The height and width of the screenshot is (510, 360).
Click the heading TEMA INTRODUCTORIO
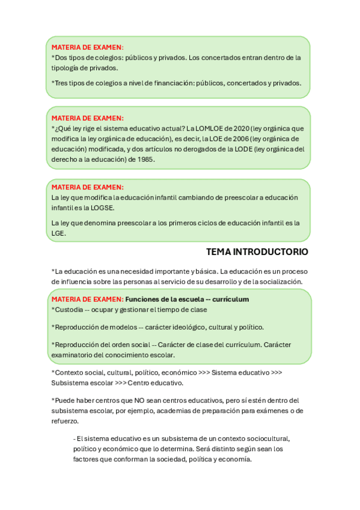[257, 251]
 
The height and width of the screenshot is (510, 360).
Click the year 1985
[144, 159]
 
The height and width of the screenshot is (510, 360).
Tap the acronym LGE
[58, 233]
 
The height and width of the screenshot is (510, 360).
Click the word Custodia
[68, 310]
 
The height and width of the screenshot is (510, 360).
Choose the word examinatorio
[73, 355]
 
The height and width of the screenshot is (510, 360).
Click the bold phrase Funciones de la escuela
[164, 299]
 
